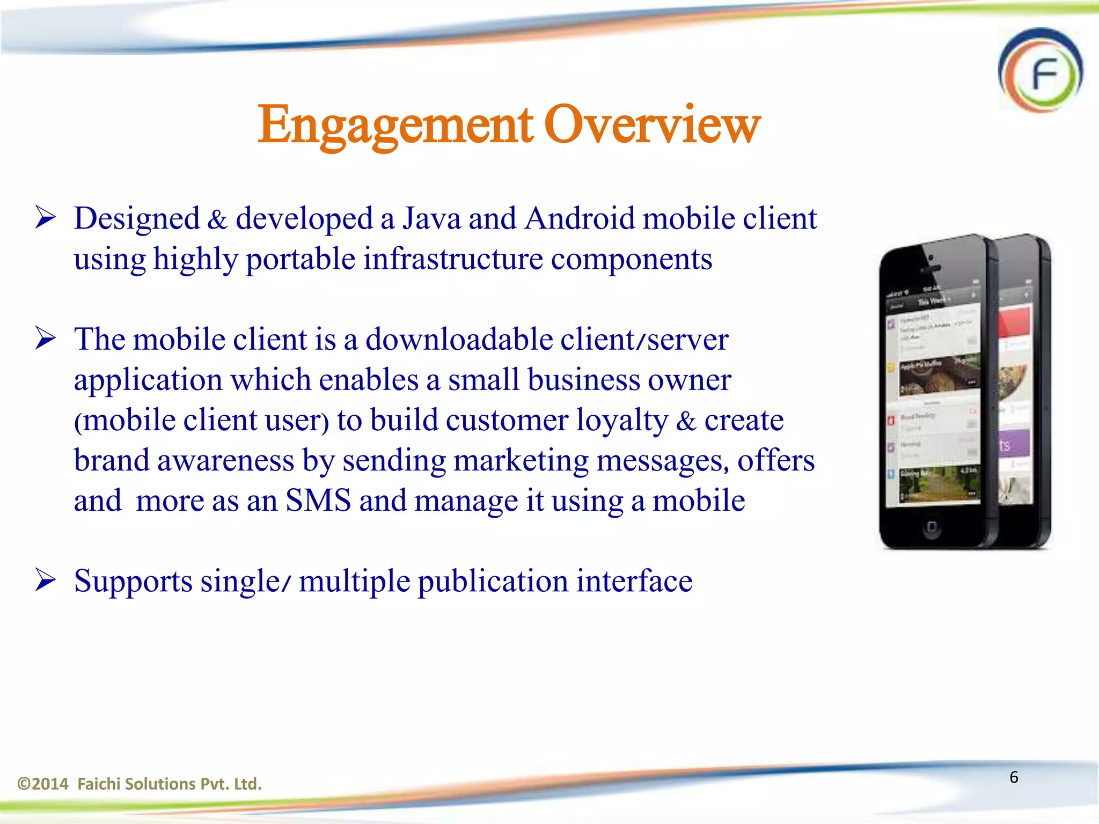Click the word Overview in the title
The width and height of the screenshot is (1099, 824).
[652, 124]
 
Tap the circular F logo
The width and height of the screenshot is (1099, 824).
[1040, 71]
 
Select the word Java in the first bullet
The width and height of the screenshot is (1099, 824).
[431, 219]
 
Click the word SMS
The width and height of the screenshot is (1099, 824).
[318, 501]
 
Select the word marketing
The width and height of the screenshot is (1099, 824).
[521, 461]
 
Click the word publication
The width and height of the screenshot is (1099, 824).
[493, 582]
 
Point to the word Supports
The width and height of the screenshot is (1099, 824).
[133, 582]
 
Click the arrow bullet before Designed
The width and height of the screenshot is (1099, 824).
[46, 218]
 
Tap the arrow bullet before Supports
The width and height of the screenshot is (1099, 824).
[46, 580]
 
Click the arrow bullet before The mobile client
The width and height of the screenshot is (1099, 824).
[46, 339]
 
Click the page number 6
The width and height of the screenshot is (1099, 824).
[1014, 777]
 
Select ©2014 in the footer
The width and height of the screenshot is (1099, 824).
[43, 784]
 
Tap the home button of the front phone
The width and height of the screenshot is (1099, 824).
[932, 527]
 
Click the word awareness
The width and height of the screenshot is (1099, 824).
[225, 461]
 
